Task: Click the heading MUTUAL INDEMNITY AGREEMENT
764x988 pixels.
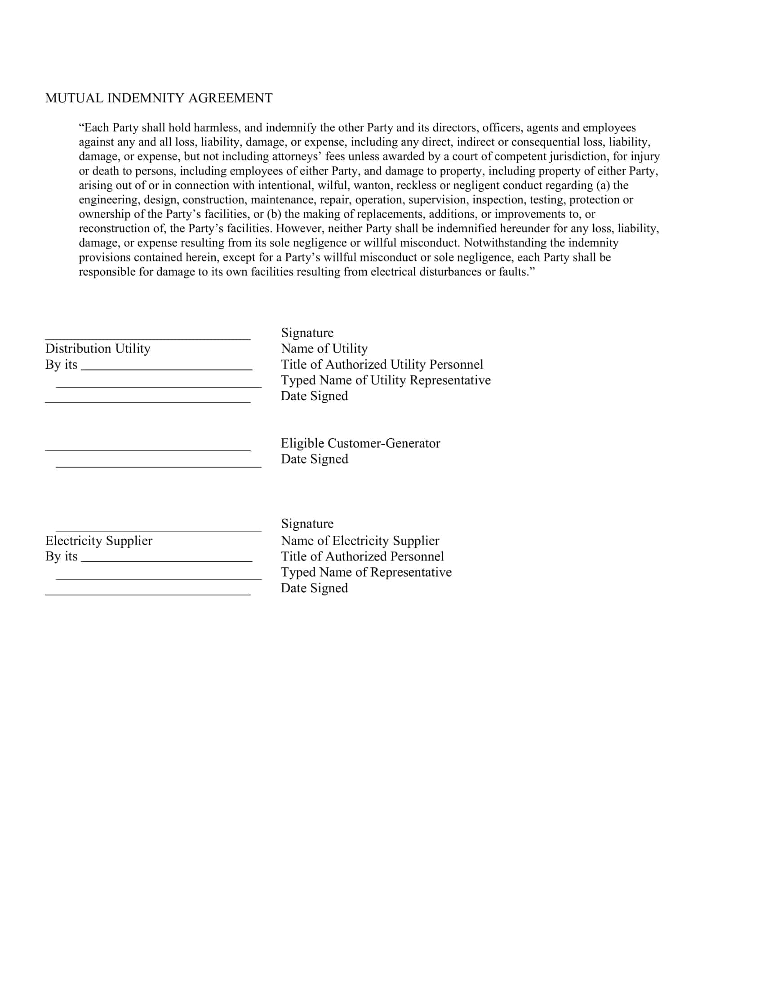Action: (x=159, y=98)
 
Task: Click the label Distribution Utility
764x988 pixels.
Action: (x=98, y=348)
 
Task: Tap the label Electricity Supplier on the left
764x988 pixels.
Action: (x=99, y=541)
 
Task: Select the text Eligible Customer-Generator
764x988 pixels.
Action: (x=360, y=443)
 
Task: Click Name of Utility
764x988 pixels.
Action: (x=324, y=348)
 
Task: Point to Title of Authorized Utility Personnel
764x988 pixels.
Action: (x=382, y=364)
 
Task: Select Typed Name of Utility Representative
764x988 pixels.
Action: (x=385, y=380)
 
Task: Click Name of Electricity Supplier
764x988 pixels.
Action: (x=360, y=541)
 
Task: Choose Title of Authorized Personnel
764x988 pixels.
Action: (x=362, y=556)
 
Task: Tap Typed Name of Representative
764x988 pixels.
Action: (x=366, y=572)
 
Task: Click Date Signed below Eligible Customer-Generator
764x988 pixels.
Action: (x=314, y=459)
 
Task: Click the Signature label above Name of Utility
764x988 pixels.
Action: (x=307, y=332)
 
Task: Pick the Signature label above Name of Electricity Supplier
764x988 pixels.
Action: (x=307, y=523)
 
